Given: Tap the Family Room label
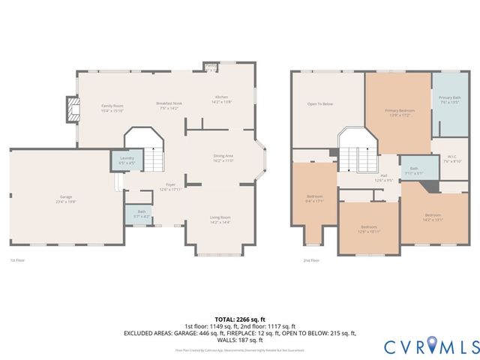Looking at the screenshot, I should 112,107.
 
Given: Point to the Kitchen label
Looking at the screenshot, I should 222,99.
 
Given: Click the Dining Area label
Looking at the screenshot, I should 223,157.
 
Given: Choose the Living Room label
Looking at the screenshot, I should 220,220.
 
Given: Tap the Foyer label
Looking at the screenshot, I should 171,186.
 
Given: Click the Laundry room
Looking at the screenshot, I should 127,160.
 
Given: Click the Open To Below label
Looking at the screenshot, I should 320,103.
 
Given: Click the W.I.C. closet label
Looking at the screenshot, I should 452,158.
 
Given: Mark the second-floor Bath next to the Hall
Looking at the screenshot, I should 413,170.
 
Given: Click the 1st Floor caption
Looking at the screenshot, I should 17,260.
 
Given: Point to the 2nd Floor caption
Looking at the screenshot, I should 311,260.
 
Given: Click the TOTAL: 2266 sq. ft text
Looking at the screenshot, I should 239,319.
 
